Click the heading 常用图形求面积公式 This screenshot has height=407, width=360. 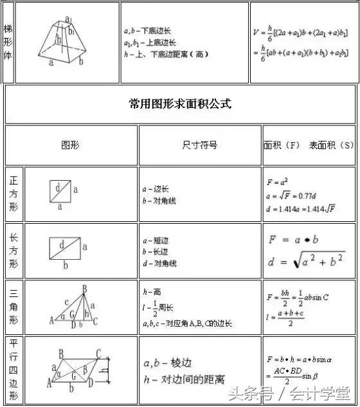pos(180,104)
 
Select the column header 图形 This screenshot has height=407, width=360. pos(70,145)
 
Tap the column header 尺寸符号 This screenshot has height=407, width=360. pos(199,145)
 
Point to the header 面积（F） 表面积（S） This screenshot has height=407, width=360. pos(309,145)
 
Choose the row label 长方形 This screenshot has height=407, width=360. pos(14,251)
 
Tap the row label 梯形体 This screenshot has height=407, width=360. pos(8,42)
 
